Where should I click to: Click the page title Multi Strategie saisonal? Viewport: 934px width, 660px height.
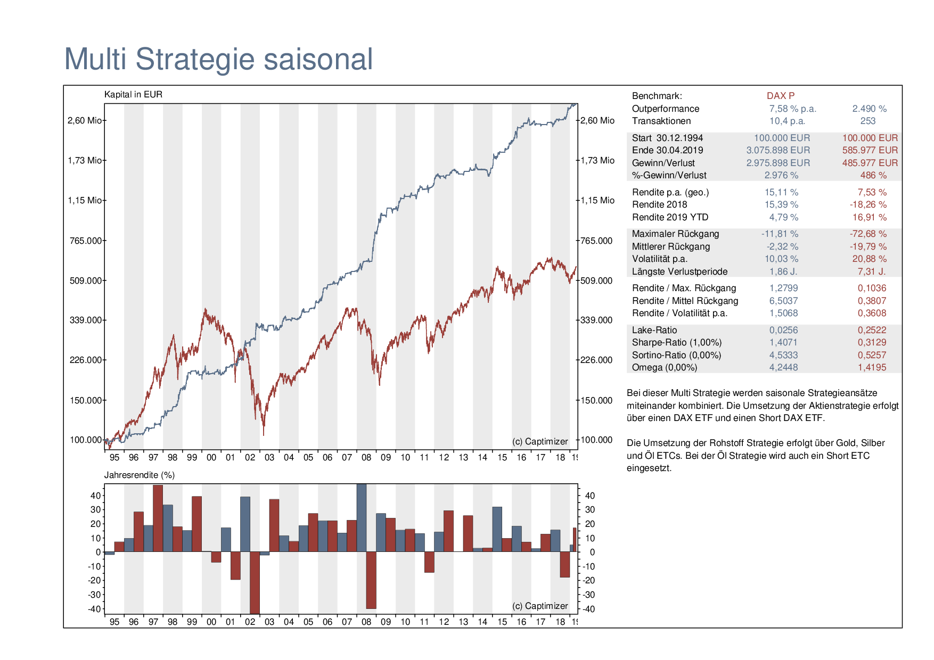coord(218,59)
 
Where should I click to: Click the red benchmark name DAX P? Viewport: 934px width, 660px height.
coord(781,96)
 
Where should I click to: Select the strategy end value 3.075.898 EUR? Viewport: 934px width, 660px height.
coord(778,150)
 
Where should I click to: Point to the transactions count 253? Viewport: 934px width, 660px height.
coord(868,121)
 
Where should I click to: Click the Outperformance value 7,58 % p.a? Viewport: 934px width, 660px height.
coord(792,109)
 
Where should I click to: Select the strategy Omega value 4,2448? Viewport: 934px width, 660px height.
coord(783,367)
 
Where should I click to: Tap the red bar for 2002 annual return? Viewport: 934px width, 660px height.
coord(255,582)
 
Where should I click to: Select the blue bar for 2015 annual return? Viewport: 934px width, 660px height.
coord(497,529)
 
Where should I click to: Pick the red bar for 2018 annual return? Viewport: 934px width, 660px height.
coord(565,564)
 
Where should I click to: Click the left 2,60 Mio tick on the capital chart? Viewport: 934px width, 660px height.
coord(85,120)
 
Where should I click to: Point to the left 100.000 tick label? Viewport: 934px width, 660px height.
coord(86,440)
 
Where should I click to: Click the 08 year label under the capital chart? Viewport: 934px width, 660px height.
coord(366,457)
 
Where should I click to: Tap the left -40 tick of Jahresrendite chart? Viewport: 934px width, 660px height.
coord(94,609)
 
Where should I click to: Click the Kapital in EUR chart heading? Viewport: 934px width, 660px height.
coord(133,94)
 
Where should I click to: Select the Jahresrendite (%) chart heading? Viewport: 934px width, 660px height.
coord(140,475)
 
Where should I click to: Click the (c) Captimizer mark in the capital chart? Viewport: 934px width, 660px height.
coord(540,441)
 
